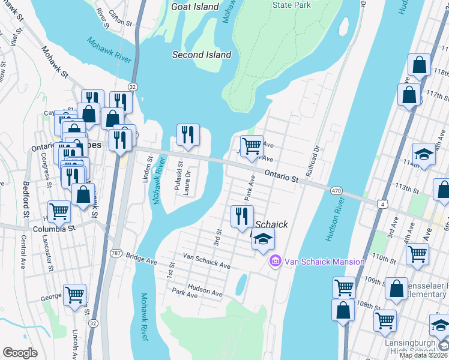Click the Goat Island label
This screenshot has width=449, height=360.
tap(194, 7)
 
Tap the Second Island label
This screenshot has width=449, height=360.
tap(201, 55)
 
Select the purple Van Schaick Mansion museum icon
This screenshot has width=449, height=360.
tap(276, 261)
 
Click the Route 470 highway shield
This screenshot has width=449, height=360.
tap(336, 190)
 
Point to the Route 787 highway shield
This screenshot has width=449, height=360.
tap(116, 253)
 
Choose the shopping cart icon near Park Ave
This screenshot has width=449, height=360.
tap(252, 146)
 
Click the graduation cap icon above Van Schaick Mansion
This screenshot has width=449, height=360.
tap(262, 238)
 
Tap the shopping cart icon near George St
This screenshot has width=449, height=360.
tap(74, 295)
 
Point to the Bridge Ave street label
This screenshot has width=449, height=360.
tap(141, 257)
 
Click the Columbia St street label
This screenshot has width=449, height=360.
tap(57, 229)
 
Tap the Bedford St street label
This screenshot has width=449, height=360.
tap(26, 199)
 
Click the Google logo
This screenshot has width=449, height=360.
tap(20, 353)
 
